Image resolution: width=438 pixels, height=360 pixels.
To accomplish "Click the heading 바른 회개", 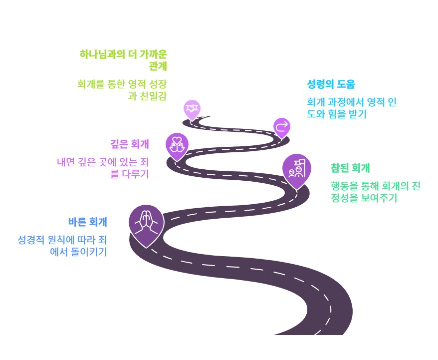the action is (88, 222).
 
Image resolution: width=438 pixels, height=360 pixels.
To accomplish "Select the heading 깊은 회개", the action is (130, 144).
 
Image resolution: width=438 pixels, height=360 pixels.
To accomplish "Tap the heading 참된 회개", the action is (350, 168).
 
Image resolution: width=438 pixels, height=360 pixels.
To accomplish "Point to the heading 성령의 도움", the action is (331, 84).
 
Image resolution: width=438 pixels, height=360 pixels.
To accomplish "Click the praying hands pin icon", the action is (146, 223).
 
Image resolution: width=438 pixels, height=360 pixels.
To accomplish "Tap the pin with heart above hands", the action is (177, 144).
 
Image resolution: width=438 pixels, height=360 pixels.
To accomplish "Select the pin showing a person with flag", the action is (297, 169).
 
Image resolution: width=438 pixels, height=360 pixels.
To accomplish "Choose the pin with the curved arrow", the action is (282, 126).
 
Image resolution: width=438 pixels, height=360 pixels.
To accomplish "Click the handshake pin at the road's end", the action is (192, 108).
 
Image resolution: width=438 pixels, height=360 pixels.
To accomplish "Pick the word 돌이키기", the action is (91, 252).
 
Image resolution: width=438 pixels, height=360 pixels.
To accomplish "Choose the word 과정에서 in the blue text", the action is (350, 102).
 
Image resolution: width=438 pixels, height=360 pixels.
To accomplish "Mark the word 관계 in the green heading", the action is (158, 66).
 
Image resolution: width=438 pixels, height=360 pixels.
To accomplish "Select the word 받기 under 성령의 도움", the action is (357, 114).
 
